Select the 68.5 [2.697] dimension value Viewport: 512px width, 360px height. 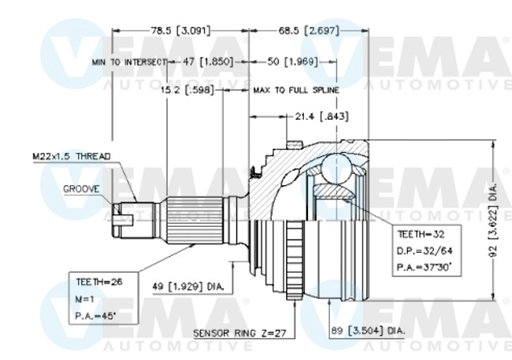pos(307,31)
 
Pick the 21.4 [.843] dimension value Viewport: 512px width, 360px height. pos(321,116)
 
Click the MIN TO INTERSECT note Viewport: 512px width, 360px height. pos(129,61)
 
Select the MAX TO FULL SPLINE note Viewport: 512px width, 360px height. pos(296,91)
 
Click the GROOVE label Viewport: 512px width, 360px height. pos(81,189)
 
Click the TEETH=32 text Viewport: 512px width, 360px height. pos(421,235)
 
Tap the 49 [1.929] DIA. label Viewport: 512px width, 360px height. pos(187,288)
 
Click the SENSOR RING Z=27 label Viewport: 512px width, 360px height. pos(239,334)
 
